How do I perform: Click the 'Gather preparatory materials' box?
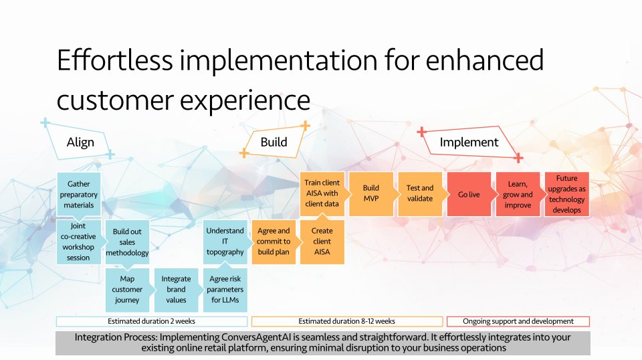pos(79,194)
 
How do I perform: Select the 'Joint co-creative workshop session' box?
pos(79,242)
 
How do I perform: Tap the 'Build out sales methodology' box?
pos(127,242)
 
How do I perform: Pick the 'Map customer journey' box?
pos(127,290)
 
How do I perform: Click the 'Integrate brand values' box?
pos(176,290)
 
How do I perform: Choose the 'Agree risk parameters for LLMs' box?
pos(225,290)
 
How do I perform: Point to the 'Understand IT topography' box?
pos(225,242)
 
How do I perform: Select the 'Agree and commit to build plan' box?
pos(274,242)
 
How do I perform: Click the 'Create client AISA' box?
pos(322,242)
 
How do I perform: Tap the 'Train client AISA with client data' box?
pos(322,194)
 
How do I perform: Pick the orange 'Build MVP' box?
pos(371,194)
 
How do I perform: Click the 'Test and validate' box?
pos(420,194)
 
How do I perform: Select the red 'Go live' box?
pos(469,194)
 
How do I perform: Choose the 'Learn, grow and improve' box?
pos(518,194)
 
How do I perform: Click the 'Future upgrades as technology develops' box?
pos(567,194)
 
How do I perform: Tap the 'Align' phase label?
pos(81,142)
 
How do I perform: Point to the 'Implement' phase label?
pos(469,142)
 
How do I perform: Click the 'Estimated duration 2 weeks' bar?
pos(152,321)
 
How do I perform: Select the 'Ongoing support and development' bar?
pos(518,321)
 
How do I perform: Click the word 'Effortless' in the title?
pos(115,60)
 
